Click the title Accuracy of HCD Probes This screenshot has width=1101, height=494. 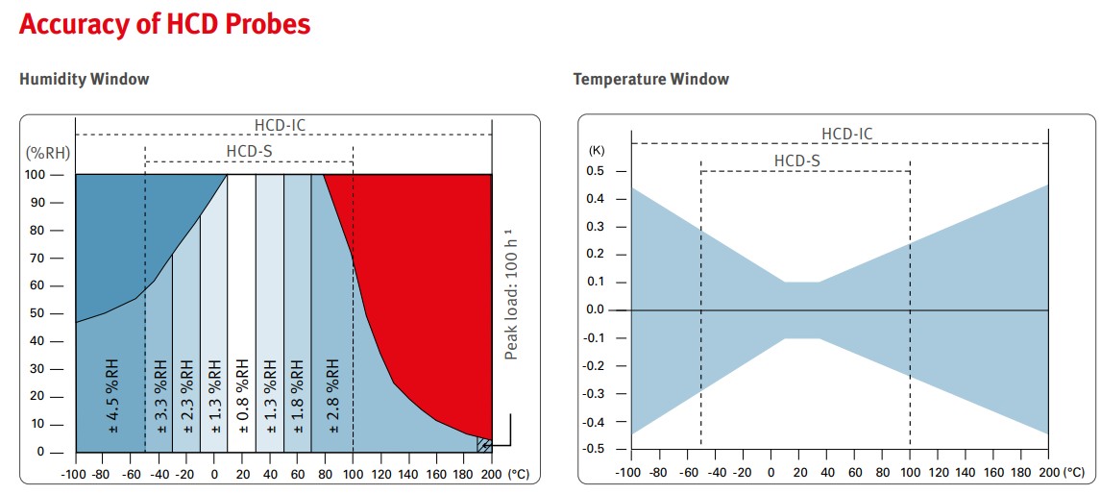164,24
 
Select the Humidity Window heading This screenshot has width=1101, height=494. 85,79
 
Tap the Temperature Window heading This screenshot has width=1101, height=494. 650,79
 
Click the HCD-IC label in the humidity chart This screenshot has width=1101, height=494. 281,125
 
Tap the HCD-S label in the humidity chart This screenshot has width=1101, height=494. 250,151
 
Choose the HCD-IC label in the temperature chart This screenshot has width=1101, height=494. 847,134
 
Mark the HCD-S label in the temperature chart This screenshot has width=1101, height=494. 796,161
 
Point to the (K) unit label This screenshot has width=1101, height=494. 597,151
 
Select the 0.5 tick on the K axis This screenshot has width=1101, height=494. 597,171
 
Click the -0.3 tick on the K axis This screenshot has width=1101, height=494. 595,394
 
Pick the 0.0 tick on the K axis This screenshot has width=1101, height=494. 597,310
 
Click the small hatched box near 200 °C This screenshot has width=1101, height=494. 484,444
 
